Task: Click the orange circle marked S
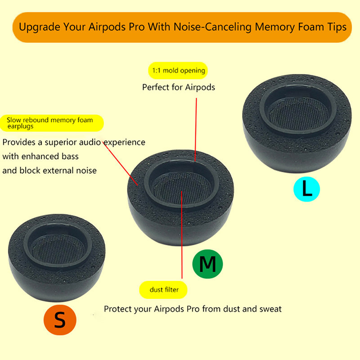pos(60,320)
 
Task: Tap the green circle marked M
pos(207,264)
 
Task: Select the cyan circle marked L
pos(307,189)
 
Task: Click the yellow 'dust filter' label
pos(163,290)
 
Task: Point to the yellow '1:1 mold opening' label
pos(178,71)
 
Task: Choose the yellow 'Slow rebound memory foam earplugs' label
pos(52,123)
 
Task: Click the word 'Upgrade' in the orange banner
pos(40,27)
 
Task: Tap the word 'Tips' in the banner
pos(337,27)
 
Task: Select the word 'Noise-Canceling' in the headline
pos(212,27)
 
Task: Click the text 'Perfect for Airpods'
pos(179,87)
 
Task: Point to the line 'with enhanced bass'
pos(40,156)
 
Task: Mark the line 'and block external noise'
pos(49,171)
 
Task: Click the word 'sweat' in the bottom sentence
pos(270,309)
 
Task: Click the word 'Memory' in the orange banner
pos(274,27)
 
